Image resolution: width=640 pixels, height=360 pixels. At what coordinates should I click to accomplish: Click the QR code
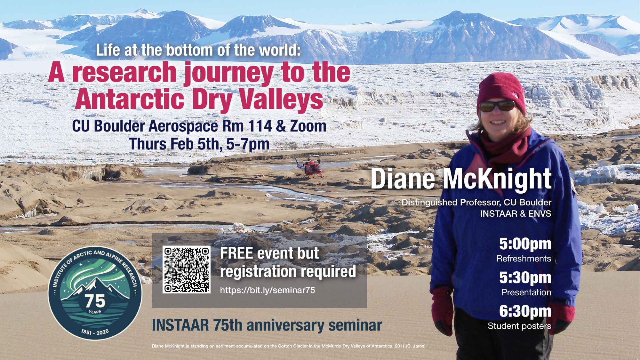point(187,269)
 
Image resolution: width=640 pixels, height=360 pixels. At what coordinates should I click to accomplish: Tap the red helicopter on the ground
point(310,167)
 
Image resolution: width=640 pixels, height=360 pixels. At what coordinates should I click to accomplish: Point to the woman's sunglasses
point(497,106)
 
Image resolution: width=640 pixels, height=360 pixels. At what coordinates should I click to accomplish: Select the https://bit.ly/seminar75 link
point(268,290)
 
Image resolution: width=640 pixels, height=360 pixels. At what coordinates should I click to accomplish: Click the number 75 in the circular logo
point(95,301)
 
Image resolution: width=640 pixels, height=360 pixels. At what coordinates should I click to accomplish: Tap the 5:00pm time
point(525,244)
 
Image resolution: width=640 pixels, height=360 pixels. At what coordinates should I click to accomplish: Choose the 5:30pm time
point(525,278)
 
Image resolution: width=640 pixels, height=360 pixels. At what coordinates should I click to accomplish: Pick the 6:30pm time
point(525,311)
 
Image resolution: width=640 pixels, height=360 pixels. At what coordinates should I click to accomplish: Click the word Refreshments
point(524,259)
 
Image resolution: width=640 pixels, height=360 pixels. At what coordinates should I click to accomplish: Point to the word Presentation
point(526,292)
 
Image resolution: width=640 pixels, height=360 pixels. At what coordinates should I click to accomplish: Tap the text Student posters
point(519,326)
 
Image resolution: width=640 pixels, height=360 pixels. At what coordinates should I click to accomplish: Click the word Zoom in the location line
point(308,126)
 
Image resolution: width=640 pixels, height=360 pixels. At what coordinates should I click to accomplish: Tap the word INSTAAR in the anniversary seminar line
point(180,325)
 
